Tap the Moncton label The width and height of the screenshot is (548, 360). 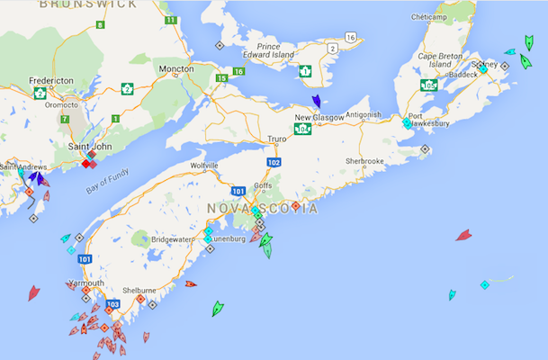175,68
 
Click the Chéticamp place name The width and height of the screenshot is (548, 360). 428,17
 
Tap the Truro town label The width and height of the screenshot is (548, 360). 278,139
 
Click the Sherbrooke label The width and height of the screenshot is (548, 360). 364,161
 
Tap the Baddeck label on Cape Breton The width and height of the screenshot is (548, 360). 463,75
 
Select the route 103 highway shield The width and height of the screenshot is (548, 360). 112,304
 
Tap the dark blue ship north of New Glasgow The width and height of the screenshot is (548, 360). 316,102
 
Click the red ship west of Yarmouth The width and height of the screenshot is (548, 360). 34,292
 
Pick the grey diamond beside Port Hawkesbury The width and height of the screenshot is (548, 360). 425,148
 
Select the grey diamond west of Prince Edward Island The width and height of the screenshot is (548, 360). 219,45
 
